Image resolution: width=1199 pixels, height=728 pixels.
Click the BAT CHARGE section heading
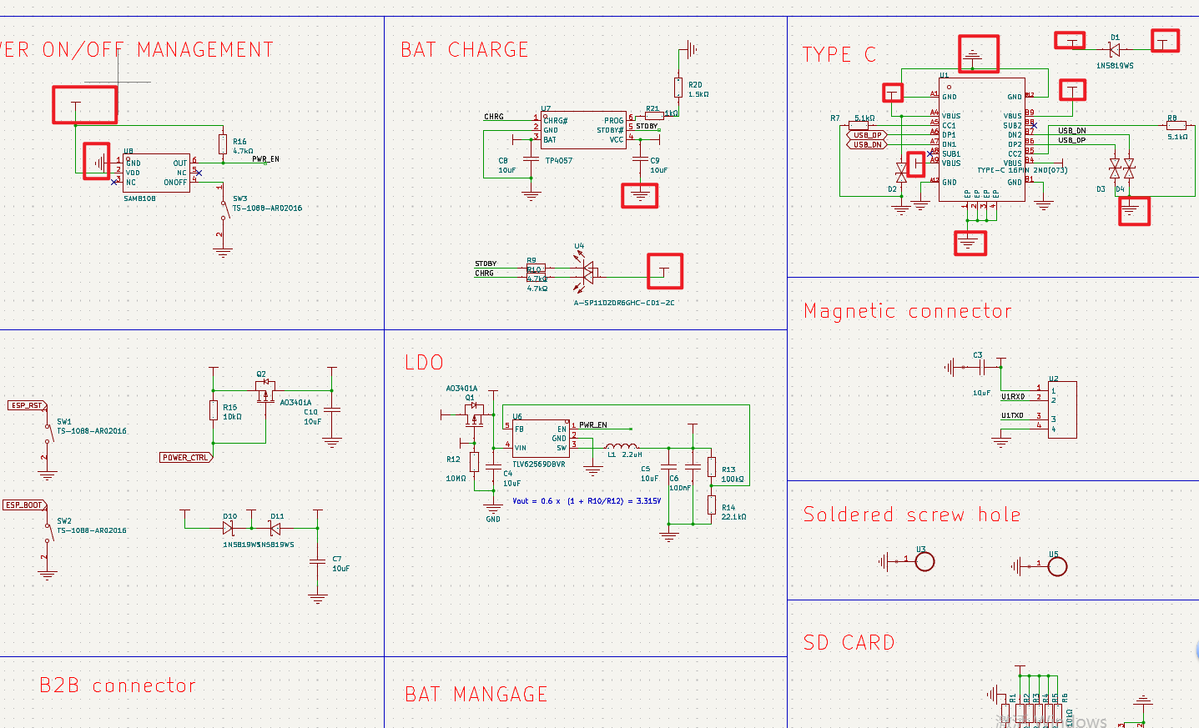[x=464, y=50]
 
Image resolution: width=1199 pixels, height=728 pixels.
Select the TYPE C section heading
[x=839, y=55]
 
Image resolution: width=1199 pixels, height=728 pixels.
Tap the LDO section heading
[x=424, y=363]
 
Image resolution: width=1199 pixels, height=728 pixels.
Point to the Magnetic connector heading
[x=907, y=311]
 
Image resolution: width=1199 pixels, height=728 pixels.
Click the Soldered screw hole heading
[x=911, y=515]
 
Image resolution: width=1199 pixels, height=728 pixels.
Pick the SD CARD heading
[x=849, y=643]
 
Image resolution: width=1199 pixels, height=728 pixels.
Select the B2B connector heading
[x=118, y=685]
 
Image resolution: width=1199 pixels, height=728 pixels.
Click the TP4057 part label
[x=558, y=160]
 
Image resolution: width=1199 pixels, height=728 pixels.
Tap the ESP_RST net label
[x=27, y=405]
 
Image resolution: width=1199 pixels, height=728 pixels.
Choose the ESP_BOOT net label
[x=24, y=505]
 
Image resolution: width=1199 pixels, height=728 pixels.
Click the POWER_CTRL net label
[x=185, y=458]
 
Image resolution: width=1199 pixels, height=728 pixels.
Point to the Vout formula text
[x=586, y=501]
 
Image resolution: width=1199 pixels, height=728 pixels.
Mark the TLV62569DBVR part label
[x=538, y=464]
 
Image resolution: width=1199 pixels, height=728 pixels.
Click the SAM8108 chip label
[x=139, y=198]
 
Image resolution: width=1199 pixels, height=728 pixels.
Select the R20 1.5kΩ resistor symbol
[x=679, y=87]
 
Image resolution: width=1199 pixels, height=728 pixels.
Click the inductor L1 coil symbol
[x=622, y=446]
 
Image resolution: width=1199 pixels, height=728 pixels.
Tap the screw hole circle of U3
[x=924, y=562]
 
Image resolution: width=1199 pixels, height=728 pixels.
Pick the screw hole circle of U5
[x=1057, y=567]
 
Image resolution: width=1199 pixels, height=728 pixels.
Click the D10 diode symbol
[x=228, y=528]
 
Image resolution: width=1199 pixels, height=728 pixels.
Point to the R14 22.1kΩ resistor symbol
[x=712, y=505]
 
